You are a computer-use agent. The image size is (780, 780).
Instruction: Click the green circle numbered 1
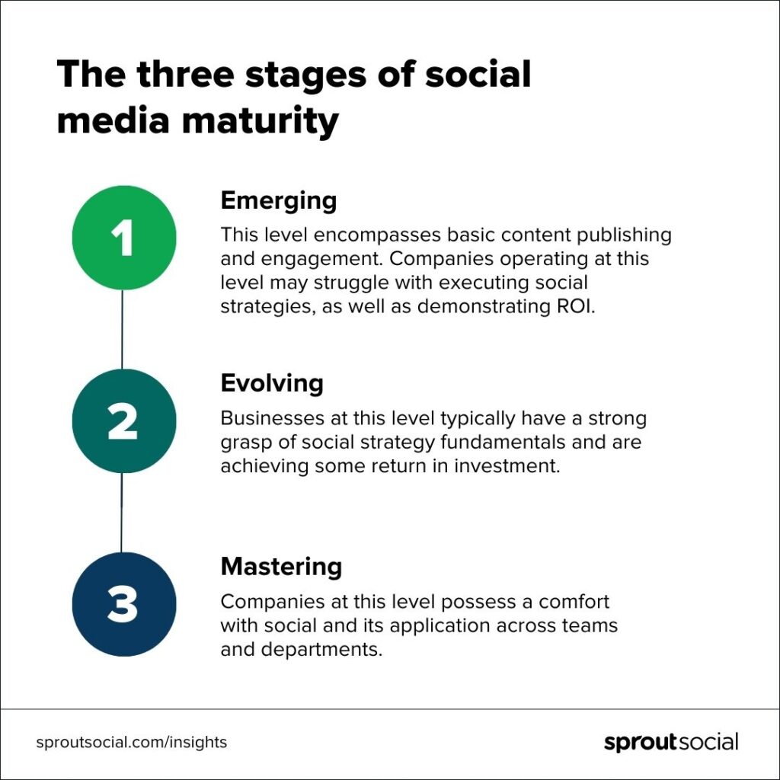(123, 238)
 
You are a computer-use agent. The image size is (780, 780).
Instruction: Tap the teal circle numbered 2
(123, 420)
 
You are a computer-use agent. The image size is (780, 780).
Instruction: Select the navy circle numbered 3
(123, 604)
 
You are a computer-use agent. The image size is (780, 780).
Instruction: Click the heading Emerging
(278, 201)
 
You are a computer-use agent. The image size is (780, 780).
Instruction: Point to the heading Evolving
(272, 383)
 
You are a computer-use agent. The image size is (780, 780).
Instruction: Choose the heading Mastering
(281, 567)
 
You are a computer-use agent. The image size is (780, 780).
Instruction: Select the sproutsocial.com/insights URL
(132, 742)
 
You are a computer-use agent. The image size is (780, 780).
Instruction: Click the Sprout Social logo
(671, 742)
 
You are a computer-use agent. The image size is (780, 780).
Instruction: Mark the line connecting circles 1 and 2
(123, 329)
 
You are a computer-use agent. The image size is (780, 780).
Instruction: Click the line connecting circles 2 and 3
(122, 513)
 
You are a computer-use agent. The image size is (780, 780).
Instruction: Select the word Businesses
(267, 418)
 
